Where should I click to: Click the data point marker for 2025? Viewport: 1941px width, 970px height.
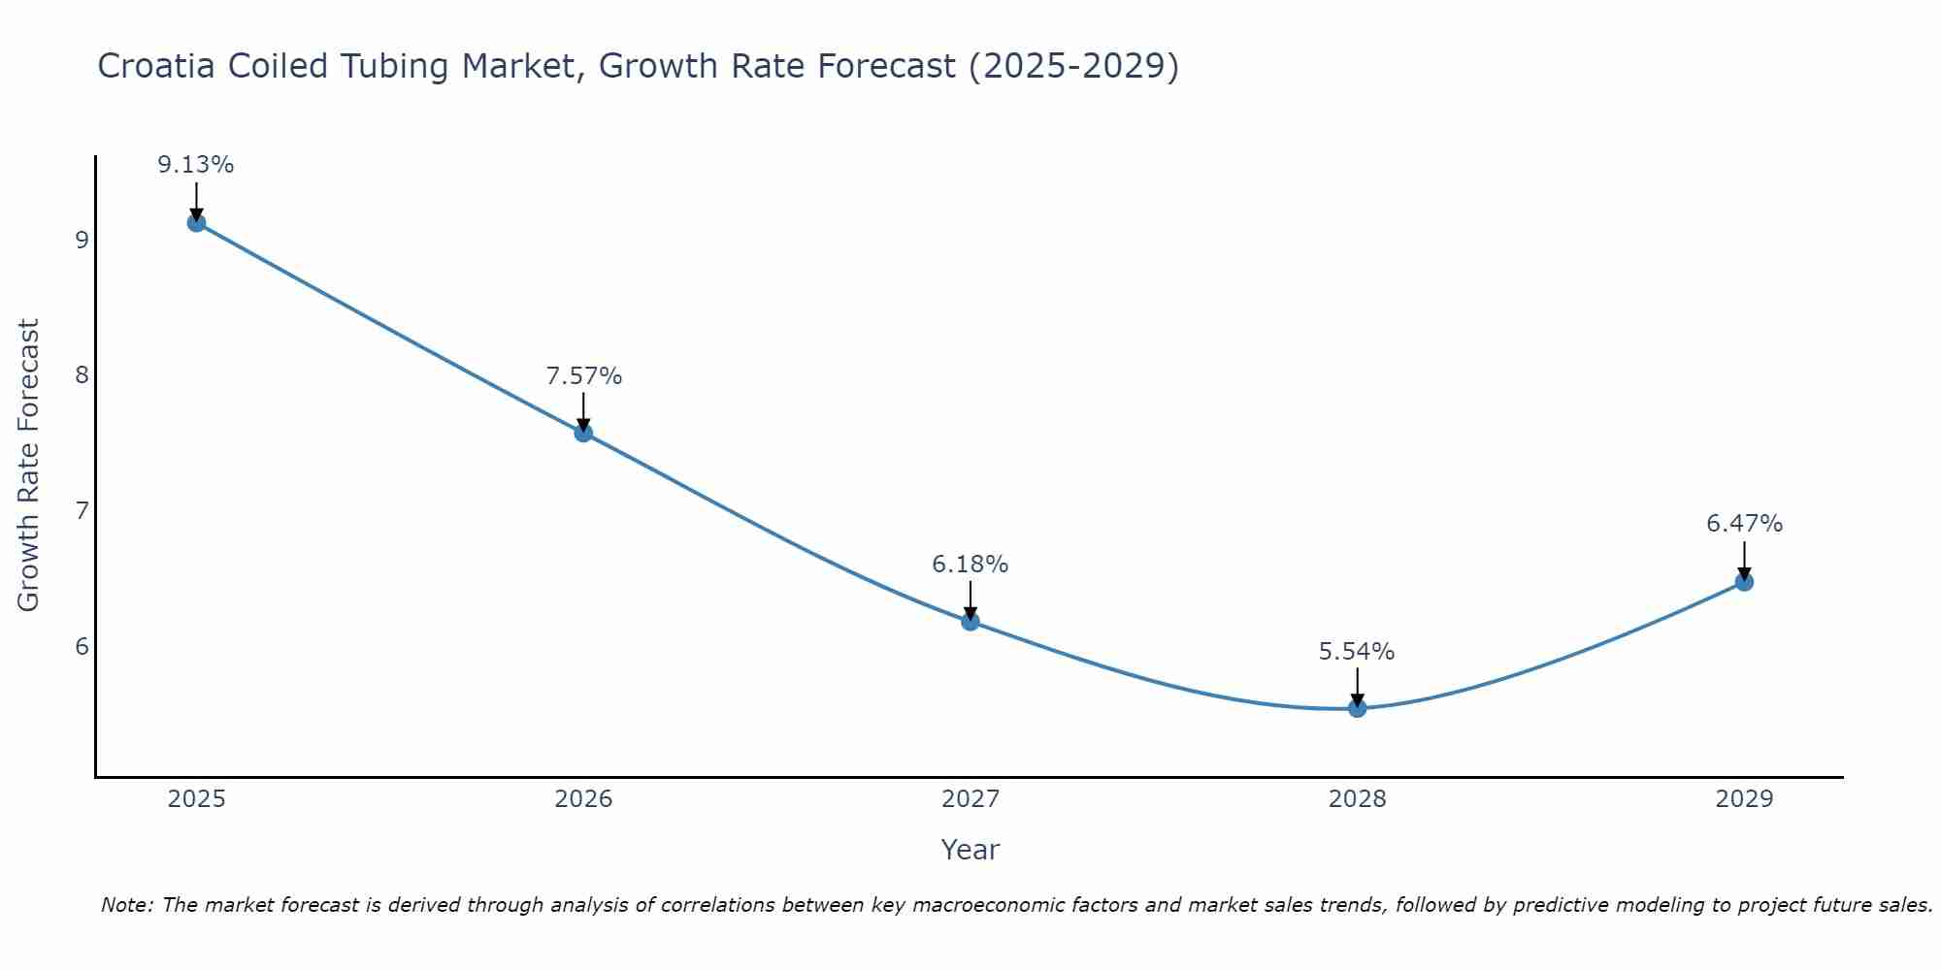click(x=196, y=223)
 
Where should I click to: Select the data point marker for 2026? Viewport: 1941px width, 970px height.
click(x=583, y=433)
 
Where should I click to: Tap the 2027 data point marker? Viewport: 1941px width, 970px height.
click(x=970, y=621)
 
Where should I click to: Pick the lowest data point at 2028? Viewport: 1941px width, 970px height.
click(x=1358, y=708)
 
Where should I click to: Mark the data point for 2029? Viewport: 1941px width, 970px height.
click(x=1744, y=582)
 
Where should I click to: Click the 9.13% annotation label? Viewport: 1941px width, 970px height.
click(x=196, y=165)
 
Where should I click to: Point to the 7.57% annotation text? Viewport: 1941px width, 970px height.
click(x=583, y=376)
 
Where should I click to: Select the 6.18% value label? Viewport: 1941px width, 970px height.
click(x=970, y=565)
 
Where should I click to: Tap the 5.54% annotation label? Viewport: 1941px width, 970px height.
click(x=1357, y=652)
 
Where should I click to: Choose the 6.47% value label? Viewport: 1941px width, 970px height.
click(x=1744, y=524)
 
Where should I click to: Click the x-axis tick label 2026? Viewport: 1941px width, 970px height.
click(x=583, y=799)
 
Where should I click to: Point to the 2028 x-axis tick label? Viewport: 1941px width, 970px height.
click(x=1358, y=799)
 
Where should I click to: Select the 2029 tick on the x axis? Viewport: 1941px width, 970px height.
click(x=1744, y=799)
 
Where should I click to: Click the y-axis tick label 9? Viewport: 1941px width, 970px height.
click(x=82, y=240)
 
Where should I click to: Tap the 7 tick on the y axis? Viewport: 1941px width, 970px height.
click(x=82, y=510)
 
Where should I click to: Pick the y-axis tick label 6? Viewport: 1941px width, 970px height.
click(x=82, y=646)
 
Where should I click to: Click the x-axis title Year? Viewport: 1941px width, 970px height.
click(x=970, y=850)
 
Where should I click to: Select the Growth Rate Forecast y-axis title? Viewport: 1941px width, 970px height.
click(x=29, y=466)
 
